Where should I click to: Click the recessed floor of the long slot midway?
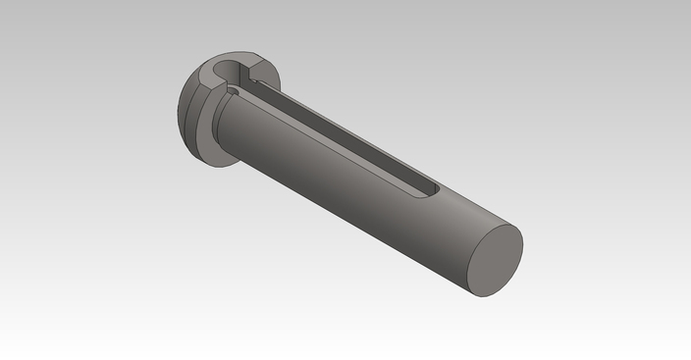334,137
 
